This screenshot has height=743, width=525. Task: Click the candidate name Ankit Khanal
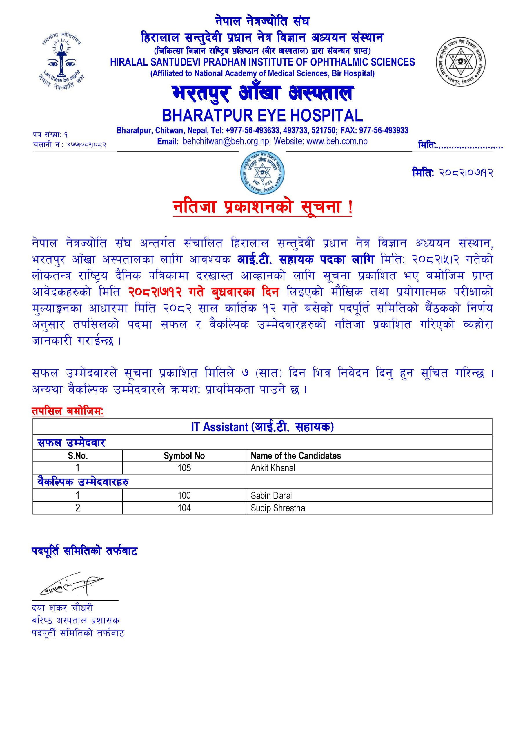(x=273, y=468)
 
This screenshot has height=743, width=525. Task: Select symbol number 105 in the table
(x=184, y=468)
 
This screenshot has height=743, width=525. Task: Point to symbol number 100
(x=184, y=495)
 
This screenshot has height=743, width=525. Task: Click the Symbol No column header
(x=184, y=456)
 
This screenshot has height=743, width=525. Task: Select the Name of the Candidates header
(x=295, y=456)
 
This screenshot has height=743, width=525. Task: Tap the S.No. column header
(x=78, y=456)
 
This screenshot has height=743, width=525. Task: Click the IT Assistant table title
(x=262, y=427)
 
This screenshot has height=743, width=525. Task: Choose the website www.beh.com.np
(x=337, y=141)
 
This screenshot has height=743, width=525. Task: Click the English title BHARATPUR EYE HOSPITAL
(x=262, y=115)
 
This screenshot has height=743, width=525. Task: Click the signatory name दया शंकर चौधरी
(x=62, y=608)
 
